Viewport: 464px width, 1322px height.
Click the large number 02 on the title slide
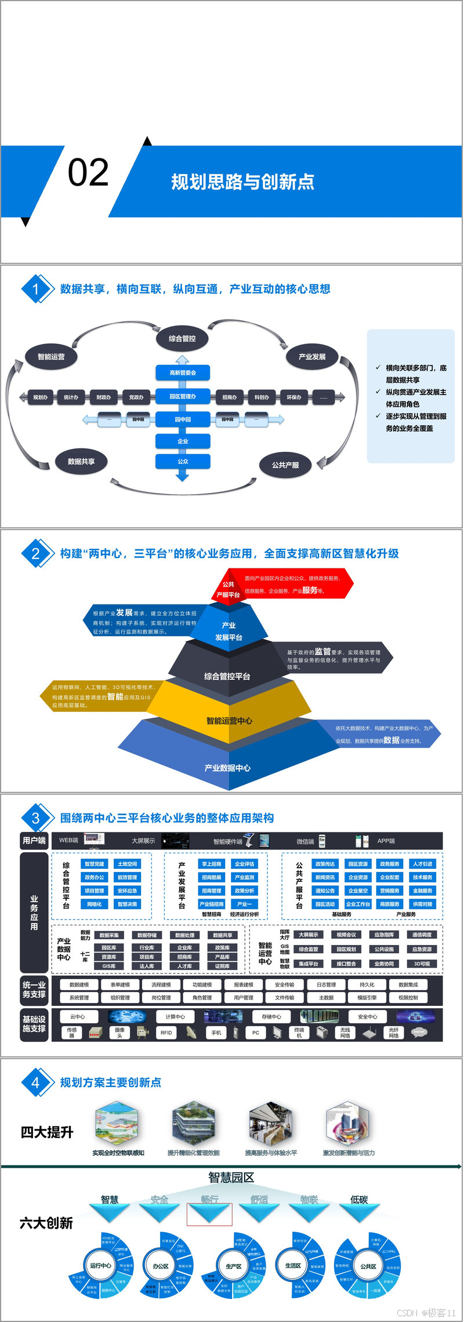(x=88, y=173)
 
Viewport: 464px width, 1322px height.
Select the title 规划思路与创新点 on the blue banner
(x=242, y=182)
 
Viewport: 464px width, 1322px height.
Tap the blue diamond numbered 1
(x=35, y=289)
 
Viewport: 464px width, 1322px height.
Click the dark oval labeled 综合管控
(x=182, y=338)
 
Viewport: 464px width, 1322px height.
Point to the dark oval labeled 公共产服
(x=285, y=465)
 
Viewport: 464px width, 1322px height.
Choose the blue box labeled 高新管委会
(x=183, y=372)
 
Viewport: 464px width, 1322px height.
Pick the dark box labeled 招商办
(x=230, y=397)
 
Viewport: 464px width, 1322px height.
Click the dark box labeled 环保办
(x=294, y=397)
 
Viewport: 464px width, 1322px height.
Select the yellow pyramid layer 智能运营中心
(x=230, y=720)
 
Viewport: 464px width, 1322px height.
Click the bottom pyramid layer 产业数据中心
(x=228, y=767)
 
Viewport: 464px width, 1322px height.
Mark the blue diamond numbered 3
(x=35, y=818)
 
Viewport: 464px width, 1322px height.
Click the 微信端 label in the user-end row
(x=305, y=841)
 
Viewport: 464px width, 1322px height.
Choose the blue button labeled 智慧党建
(x=95, y=864)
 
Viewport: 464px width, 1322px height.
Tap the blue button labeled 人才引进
(x=422, y=864)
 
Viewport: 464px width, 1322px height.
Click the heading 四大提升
(x=47, y=1132)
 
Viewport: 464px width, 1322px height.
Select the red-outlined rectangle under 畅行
(x=209, y=1214)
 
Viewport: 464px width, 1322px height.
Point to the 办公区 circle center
(x=160, y=1266)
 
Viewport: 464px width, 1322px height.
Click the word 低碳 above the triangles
(x=359, y=1199)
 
